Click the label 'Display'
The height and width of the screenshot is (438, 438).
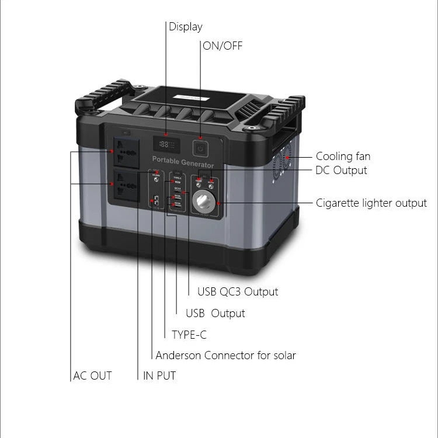click(186, 27)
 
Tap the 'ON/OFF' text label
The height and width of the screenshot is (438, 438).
click(222, 46)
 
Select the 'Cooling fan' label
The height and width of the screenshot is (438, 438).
click(343, 156)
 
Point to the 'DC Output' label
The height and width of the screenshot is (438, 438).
click(341, 171)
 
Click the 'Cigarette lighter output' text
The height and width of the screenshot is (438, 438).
click(371, 203)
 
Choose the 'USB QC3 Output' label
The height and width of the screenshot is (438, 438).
click(237, 291)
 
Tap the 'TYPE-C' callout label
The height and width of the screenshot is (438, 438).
click(189, 335)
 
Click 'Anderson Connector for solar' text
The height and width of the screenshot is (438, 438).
click(225, 355)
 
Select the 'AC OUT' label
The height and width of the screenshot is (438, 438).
click(92, 376)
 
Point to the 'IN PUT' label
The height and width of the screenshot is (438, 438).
click(159, 376)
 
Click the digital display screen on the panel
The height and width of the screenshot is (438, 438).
click(166, 144)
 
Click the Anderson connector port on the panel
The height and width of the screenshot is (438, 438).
click(157, 203)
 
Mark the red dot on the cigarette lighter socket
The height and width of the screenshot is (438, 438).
click(218, 203)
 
